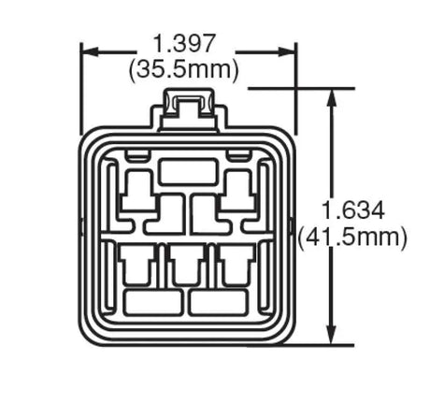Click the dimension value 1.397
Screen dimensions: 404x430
(185, 42)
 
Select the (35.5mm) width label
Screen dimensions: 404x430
(185, 68)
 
